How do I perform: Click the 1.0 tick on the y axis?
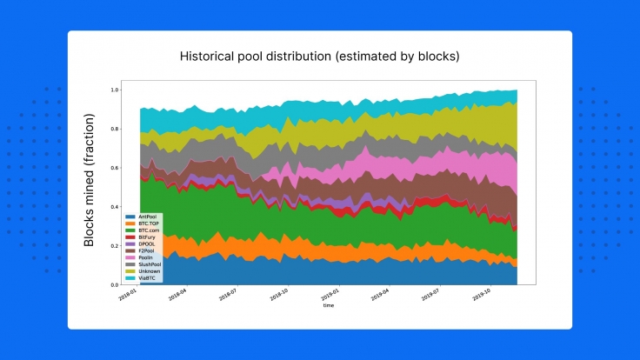(114, 90)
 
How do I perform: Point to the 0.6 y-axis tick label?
(114, 168)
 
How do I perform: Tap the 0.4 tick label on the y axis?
(114, 207)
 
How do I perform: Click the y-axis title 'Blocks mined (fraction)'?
(89, 187)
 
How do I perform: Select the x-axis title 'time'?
(328, 306)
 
